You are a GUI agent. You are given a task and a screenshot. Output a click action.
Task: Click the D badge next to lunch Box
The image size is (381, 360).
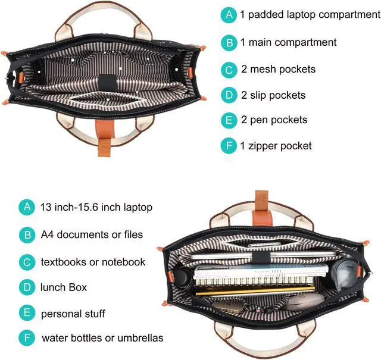[x=27, y=287]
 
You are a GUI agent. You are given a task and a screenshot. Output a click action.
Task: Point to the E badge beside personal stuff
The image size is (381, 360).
[x=27, y=313]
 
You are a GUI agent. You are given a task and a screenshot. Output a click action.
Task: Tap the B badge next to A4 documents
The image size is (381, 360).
[x=27, y=234]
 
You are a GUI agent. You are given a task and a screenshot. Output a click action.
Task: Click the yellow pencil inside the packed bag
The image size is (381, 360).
[x=256, y=292]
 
